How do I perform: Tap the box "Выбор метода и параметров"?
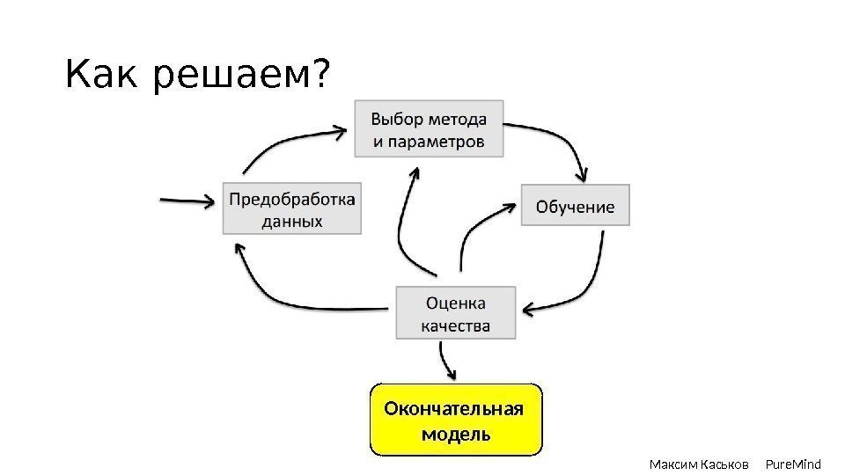pyautogui.click(x=430, y=129)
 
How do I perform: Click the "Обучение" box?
pyautogui.click(x=576, y=206)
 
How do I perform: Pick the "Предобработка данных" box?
pyautogui.click(x=292, y=208)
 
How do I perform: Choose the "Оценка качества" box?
pyautogui.click(x=455, y=313)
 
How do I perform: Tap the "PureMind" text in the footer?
pyautogui.click(x=793, y=464)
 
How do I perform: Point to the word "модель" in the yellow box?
pyautogui.click(x=456, y=434)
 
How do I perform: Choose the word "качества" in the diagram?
pyautogui.click(x=455, y=325)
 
